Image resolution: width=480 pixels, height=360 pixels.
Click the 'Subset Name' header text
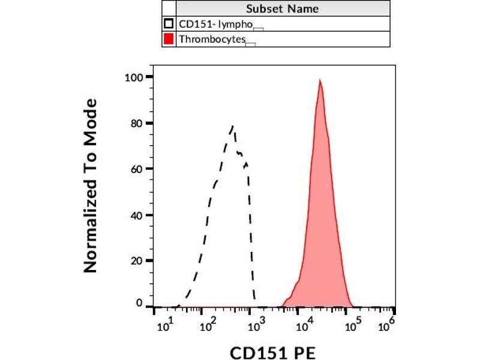[282, 8]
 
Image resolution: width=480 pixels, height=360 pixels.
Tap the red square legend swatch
[169, 40]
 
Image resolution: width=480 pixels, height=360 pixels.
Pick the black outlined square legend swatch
[169, 24]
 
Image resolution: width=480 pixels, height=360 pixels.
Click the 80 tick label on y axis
[136, 123]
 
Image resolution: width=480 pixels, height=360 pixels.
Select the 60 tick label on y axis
[136, 169]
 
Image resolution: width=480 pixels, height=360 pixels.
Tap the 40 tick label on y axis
[136, 215]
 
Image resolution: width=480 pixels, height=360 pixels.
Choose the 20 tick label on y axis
[136, 260]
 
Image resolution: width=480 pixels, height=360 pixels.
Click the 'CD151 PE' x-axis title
[273, 351]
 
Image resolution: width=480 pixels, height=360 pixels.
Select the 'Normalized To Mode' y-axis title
[91, 186]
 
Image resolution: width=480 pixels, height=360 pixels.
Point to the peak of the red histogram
[320, 80]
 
